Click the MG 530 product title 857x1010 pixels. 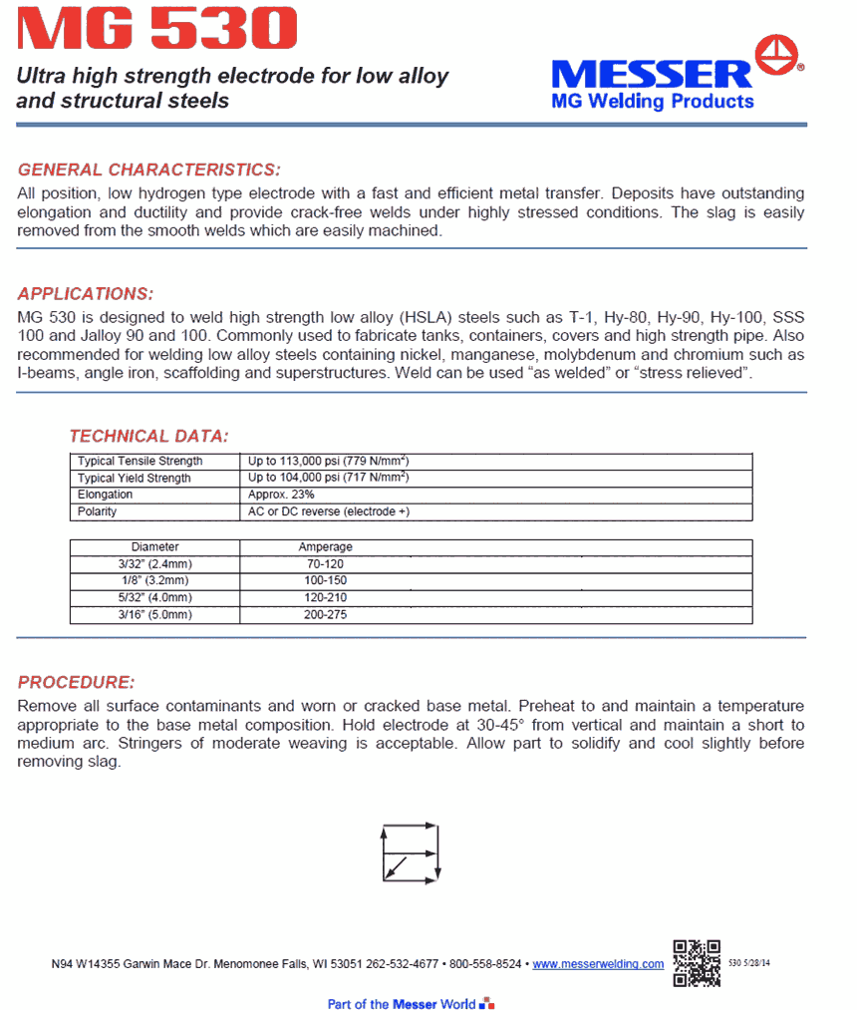coord(157,29)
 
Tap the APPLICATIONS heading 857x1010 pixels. coord(86,294)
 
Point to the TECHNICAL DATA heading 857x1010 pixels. coord(148,436)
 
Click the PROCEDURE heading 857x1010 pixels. coord(76,683)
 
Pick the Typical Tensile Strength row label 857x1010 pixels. coord(141,462)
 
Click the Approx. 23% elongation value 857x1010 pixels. coord(281,495)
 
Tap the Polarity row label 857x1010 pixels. coord(98,511)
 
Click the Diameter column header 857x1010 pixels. coord(155,547)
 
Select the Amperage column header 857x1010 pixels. coord(325,547)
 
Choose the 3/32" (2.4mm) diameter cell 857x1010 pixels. coord(155,564)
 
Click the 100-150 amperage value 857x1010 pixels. coord(325,581)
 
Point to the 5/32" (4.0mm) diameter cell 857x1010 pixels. coord(155,598)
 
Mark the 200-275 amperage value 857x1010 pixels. coord(325,615)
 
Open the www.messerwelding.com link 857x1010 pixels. coord(598,964)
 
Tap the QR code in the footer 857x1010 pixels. coord(697,962)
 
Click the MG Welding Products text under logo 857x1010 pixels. coord(653,102)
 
